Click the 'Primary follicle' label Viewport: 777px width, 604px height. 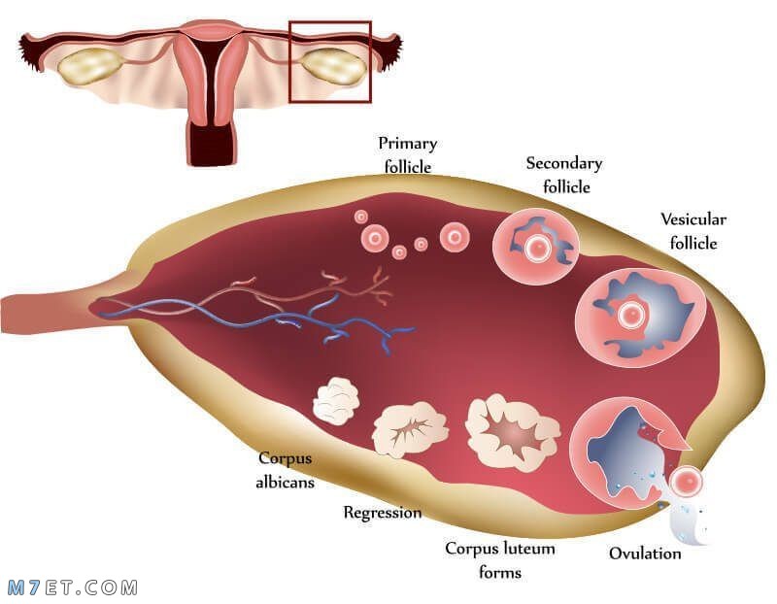coord(407,154)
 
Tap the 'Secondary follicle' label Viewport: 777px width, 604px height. coord(564,175)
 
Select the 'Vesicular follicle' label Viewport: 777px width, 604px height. coord(693,231)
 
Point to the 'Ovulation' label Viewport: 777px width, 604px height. coord(645,553)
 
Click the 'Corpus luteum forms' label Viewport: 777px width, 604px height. coord(500,560)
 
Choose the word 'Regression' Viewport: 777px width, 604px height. coord(383,513)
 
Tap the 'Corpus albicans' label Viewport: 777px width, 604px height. coord(285,470)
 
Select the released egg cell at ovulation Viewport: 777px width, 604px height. coord(687,481)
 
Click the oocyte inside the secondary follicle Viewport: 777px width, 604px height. coord(537,247)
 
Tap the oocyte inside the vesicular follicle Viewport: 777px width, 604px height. coord(631,313)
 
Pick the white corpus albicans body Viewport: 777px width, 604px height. coord(336,401)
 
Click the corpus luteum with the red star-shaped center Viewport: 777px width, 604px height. coord(513,432)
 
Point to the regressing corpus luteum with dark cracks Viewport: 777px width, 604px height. coord(410,429)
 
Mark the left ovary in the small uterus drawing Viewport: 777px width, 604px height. coord(90,66)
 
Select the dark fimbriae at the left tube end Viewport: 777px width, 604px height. coord(31,51)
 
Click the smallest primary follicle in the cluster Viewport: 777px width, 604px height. coord(361,217)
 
